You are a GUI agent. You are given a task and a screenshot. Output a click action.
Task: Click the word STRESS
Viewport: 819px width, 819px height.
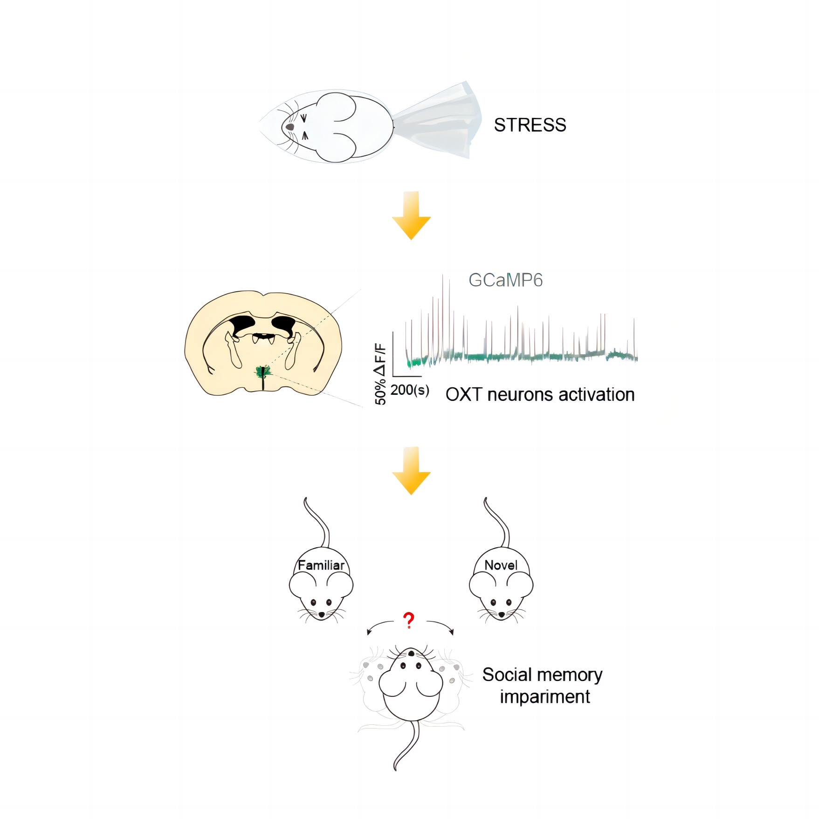point(530,125)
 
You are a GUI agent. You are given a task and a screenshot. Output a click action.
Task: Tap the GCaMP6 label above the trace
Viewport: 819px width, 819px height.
point(505,280)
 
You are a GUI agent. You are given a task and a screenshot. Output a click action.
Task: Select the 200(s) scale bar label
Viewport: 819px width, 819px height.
point(410,390)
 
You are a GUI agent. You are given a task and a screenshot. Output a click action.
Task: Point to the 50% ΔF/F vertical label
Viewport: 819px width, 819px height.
point(380,374)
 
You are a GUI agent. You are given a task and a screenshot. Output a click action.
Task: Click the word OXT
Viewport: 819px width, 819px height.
point(463,395)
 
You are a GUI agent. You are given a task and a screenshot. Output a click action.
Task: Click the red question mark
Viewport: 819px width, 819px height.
point(409,620)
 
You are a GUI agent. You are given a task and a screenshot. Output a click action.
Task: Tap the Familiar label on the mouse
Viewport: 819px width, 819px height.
point(321,565)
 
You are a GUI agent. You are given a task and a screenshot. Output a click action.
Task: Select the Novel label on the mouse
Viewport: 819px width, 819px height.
point(501,565)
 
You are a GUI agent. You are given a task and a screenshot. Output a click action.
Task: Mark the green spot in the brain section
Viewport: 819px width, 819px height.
point(263,372)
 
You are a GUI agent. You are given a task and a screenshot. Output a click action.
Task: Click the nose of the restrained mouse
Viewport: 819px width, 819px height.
point(290,127)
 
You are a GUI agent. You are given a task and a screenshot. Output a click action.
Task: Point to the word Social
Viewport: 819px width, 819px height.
point(507,675)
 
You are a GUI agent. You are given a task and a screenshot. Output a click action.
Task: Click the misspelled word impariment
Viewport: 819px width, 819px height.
point(544,697)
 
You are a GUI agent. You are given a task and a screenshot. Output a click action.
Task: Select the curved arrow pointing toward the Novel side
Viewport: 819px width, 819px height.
point(441,626)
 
